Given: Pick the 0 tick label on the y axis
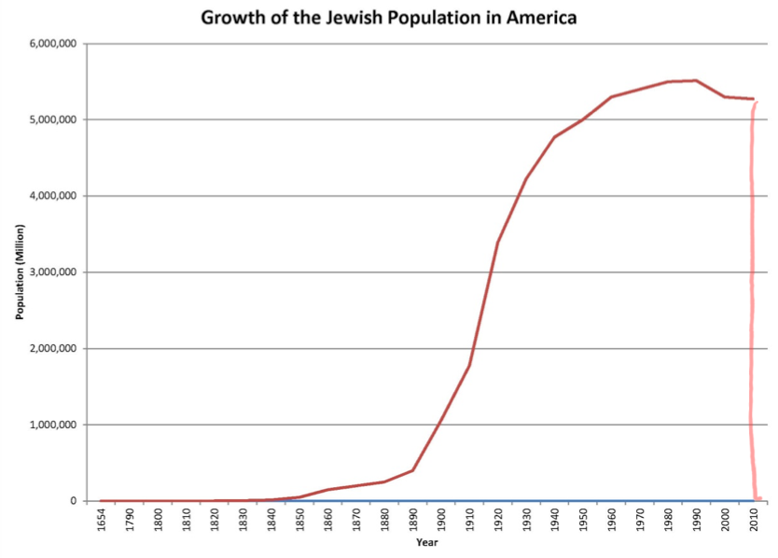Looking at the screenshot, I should click(74, 501).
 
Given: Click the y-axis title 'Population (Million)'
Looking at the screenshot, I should click(19, 272).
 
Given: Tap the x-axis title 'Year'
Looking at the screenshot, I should click(426, 542).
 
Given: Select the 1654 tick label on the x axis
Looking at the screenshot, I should click(102, 518).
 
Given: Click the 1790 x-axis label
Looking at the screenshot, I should click(131, 518).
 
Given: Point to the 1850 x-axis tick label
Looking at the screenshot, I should click(299, 518).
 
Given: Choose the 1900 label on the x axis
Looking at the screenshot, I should click(441, 518).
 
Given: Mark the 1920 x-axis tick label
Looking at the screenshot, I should click(497, 518).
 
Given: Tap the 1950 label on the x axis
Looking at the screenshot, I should click(582, 518).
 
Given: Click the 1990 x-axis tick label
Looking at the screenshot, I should click(695, 518).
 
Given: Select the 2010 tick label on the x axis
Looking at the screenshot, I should click(752, 518).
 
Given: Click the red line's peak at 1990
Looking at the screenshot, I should click(695, 80).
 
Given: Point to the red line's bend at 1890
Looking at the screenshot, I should click(412, 470).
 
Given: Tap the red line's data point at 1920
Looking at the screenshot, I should click(497, 243).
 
